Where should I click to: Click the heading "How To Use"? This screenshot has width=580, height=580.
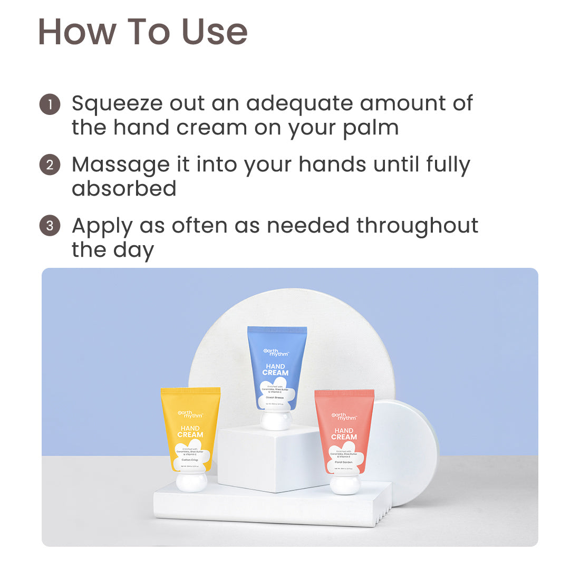click(142, 32)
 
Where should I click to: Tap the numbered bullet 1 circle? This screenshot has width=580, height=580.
click(50, 104)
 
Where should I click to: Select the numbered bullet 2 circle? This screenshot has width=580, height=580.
click(50, 165)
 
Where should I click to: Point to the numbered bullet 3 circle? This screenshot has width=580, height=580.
click(50, 226)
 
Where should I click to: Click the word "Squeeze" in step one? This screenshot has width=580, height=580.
click(117, 104)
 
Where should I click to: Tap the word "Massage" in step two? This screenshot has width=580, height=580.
click(121, 165)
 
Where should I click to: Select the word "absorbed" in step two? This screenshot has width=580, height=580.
click(124, 189)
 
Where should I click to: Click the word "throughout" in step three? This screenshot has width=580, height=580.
click(417, 226)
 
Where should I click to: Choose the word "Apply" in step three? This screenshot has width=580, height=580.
click(102, 227)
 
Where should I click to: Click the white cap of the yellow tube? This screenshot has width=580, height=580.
click(191, 481)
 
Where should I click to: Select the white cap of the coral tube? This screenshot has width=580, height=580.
click(345, 483)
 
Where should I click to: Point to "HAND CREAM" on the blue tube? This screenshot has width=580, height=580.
click(275, 369)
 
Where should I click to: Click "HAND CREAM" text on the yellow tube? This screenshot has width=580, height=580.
click(190, 431)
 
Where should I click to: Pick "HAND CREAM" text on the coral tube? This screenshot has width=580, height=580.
click(344, 433)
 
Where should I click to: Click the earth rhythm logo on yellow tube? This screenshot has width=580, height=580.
click(190, 414)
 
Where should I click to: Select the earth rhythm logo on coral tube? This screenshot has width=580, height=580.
click(344, 417)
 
